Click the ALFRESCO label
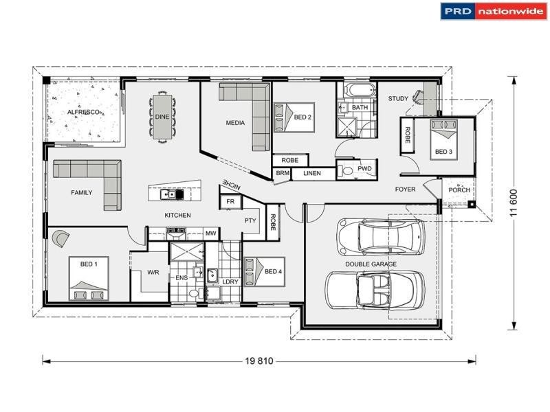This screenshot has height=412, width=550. tap(84, 111)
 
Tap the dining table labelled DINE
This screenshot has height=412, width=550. tap(162, 117)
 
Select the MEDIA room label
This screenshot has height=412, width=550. tap(236, 123)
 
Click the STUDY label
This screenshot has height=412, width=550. tap(397, 99)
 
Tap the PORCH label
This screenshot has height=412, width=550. tap(459, 190)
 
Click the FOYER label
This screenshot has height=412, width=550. tap(405, 189)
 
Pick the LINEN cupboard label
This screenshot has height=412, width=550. tap(311, 173)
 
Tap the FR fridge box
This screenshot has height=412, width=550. tap(230, 202)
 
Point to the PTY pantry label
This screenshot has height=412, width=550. tap(250, 220)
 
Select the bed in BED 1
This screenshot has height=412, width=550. tap(88, 278)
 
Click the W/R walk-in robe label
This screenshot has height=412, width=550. tap(153, 273)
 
